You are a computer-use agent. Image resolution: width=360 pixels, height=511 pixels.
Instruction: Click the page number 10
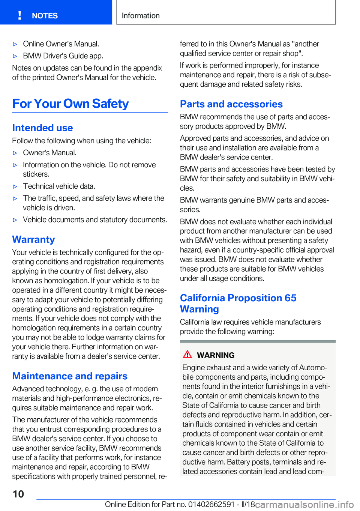tap(18, 494)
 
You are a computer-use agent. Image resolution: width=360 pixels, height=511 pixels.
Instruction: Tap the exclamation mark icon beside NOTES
tap(19, 15)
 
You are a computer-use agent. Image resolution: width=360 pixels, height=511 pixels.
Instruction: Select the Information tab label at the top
tap(141, 15)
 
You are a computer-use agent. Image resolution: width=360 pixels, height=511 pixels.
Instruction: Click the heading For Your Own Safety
tap(70, 104)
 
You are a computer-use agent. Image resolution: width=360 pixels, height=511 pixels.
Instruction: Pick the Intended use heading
tap(42, 128)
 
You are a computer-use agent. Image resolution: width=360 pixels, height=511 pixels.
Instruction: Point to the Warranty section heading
tap(33, 239)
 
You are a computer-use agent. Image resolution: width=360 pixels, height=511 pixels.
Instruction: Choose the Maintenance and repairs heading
tap(70, 376)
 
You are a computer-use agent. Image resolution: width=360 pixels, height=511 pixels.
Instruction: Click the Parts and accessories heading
tap(231, 104)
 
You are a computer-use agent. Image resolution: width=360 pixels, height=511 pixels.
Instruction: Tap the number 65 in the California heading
tap(290, 298)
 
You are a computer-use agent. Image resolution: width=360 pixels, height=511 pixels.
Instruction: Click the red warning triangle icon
tap(187, 354)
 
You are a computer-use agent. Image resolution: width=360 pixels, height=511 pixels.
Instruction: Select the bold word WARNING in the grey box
tap(216, 355)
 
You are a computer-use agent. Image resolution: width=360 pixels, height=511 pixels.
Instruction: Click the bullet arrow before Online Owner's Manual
tap(15, 44)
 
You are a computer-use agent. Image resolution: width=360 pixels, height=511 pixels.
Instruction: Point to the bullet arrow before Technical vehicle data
tap(15, 186)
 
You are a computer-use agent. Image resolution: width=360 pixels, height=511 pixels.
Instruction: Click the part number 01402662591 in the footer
tap(211, 504)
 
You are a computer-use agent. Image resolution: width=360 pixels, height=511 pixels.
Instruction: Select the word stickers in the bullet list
tap(36, 174)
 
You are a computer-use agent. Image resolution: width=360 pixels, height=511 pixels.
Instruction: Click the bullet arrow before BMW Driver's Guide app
tap(15, 56)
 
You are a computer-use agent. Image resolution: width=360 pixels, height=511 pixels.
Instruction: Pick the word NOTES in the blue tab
tap(45, 16)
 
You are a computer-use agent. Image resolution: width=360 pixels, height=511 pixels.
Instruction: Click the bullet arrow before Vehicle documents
tap(15, 220)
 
